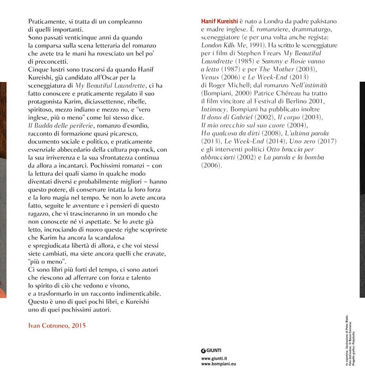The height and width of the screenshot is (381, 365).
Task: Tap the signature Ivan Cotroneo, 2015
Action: pyautogui.click(x=57, y=325)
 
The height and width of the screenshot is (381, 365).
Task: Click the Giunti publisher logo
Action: pyautogui.click(x=211, y=350)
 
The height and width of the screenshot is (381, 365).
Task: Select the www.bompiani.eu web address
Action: pyautogui.click(x=219, y=364)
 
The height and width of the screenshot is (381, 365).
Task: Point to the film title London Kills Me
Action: pyautogui.click(x=222, y=45)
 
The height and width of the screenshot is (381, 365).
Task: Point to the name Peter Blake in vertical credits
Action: pyautogui.click(x=347, y=321)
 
